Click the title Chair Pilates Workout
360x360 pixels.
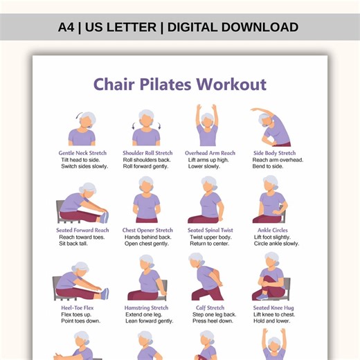pos(179,84)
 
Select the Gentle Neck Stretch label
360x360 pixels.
pos(82,153)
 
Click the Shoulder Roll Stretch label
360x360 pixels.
pos(147,153)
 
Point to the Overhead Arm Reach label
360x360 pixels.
pos(210,153)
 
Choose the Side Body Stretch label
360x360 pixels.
pos(274,153)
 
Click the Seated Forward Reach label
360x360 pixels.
pos(82,231)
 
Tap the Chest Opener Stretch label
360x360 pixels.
pos(147,231)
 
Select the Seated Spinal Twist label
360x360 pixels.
pos(210,231)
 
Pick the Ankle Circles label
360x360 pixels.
pos(274,231)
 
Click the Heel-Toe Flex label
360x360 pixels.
pos(78,308)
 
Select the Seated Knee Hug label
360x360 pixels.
pos(274,308)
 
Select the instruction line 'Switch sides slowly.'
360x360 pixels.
pos(84,166)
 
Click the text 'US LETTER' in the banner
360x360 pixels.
pos(122,28)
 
